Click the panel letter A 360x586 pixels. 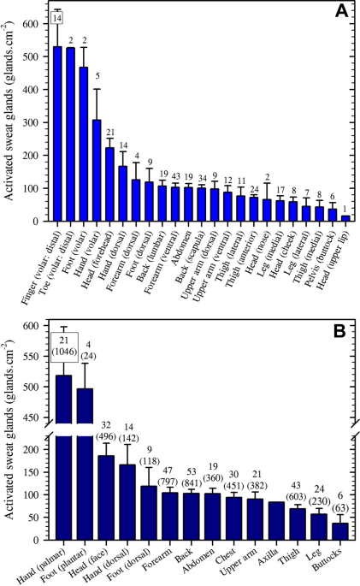(x=341, y=11)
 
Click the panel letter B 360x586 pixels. (x=339, y=331)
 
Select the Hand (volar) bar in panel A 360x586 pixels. (x=97, y=170)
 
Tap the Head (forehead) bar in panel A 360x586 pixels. (x=109, y=184)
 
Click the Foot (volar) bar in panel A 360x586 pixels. (x=84, y=145)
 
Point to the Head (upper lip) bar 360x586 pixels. (x=345, y=218)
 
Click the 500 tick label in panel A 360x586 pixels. (x=31, y=56)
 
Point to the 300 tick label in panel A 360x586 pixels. (x=31, y=122)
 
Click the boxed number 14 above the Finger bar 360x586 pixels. (x=57, y=18)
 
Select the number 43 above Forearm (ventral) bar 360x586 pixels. (x=175, y=175)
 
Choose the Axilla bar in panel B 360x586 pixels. (x=276, y=521)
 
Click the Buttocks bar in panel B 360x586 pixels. (x=340, y=531)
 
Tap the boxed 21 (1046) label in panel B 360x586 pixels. (x=64, y=347)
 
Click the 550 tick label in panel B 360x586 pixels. (x=31, y=357)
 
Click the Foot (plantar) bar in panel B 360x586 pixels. (x=85, y=465)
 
